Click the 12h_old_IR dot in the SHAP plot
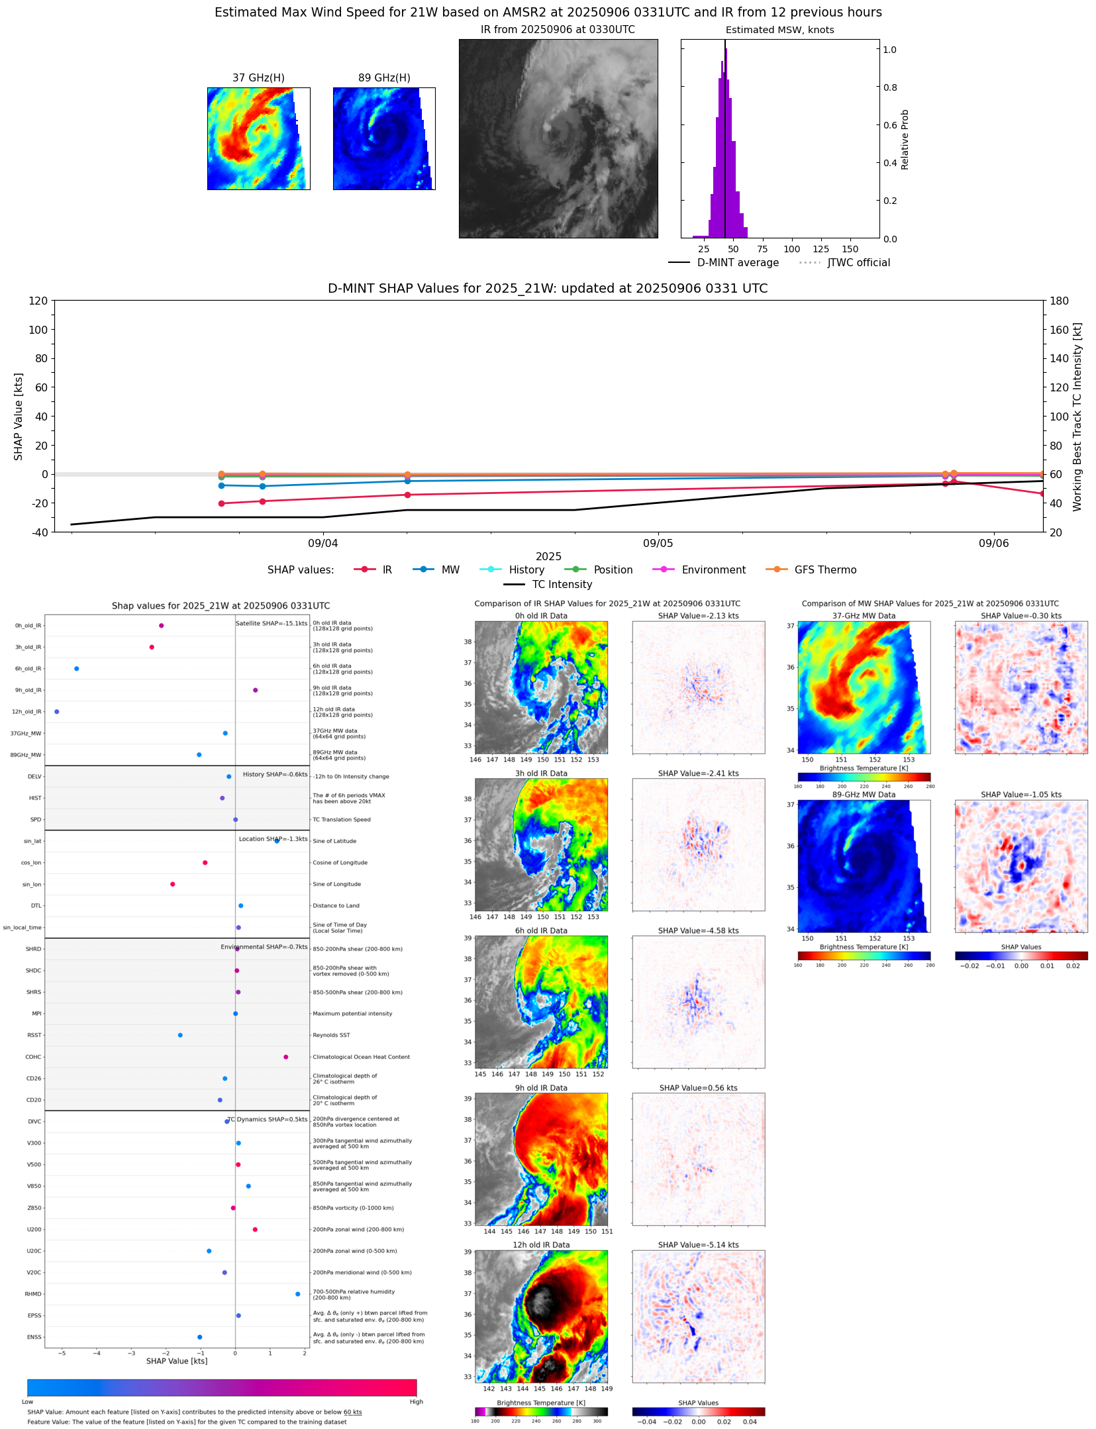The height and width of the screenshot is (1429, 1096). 57,712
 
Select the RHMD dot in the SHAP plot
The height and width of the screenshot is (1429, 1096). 297,1294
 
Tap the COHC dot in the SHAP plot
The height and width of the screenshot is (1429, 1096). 286,1057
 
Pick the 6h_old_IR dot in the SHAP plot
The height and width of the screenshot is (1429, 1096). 77,669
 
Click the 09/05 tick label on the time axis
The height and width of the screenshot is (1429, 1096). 658,544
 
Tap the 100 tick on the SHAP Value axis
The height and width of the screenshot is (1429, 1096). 38,330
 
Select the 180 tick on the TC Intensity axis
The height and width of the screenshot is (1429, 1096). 1059,301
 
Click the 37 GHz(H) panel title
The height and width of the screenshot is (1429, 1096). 258,78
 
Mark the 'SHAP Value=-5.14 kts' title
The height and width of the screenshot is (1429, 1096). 698,1245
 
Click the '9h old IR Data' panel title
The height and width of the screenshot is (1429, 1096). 541,1088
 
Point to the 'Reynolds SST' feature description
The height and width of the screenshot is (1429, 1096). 331,1035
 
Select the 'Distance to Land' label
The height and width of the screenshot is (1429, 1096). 336,906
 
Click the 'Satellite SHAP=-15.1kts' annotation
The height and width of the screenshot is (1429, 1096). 272,624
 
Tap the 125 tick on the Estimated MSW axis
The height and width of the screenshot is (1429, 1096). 821,250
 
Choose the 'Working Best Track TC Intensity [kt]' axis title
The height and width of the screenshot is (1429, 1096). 1077,417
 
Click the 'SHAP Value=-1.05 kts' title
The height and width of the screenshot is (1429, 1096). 1021,795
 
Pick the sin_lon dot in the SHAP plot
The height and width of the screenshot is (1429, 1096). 173,884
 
